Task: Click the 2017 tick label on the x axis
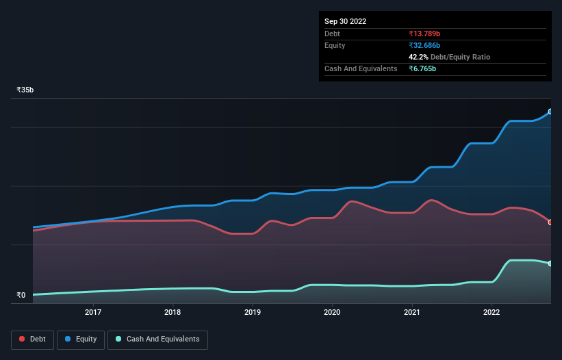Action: (93, 313)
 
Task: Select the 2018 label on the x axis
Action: (173, 313)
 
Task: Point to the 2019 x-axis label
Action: (253, 313)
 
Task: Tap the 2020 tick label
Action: (332, 313)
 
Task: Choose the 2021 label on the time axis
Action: (412, 313)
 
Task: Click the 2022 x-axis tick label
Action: (491, 313)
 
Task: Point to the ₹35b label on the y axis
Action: (26, 90)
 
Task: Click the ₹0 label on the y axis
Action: (21, 296)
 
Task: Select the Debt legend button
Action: (32, 339)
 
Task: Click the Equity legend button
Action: (81, 339)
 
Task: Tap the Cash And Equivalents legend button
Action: (157, 339)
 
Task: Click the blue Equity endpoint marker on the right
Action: (550, 112)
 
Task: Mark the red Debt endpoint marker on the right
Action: (550, 222)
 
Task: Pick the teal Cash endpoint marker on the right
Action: (550, 263)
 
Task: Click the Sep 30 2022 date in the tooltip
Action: (346, 21)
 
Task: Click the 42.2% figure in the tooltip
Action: (418, 57)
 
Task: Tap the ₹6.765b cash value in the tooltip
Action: (422, 68)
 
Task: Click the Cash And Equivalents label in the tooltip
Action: (361, 68)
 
